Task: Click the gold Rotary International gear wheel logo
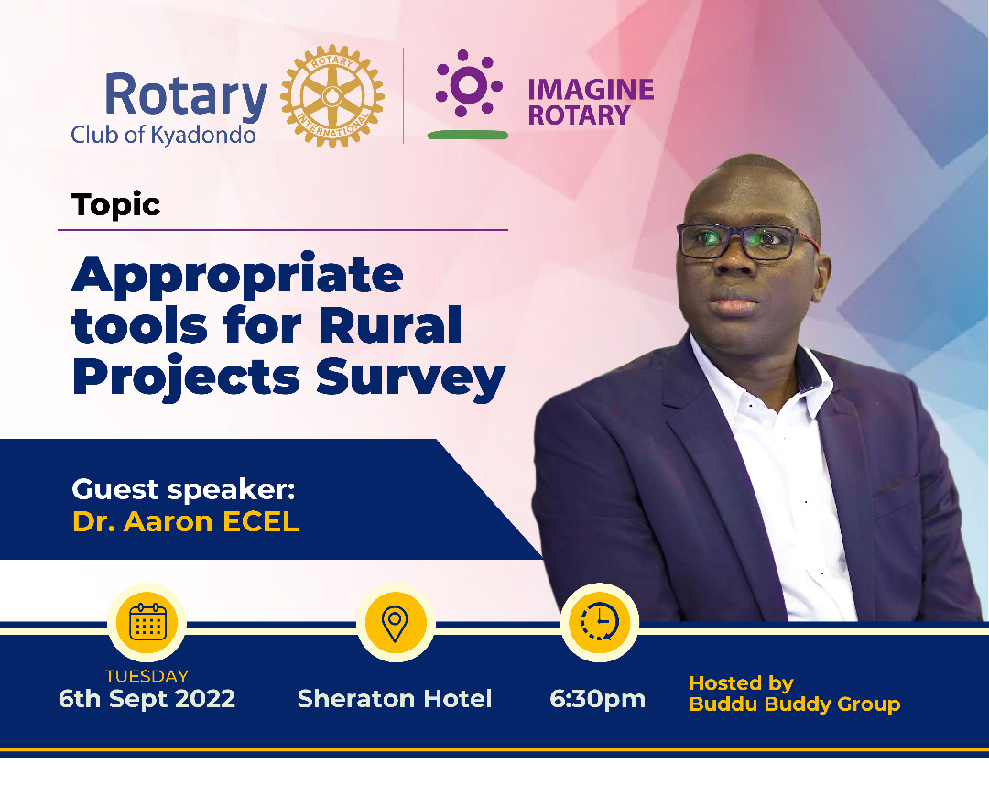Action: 331,97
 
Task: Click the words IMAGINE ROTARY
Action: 591,102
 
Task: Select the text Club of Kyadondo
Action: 163,135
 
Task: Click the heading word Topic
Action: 116,204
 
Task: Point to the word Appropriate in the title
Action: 237,275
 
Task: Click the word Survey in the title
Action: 412,376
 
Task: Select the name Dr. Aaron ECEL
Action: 185,521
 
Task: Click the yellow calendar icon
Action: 147,622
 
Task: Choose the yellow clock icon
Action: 599,622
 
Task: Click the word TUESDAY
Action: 147,676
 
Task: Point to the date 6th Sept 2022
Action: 147,699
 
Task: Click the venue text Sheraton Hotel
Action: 395,699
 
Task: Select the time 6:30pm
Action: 597,699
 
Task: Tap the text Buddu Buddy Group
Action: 794,704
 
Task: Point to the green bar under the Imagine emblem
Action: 467,135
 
